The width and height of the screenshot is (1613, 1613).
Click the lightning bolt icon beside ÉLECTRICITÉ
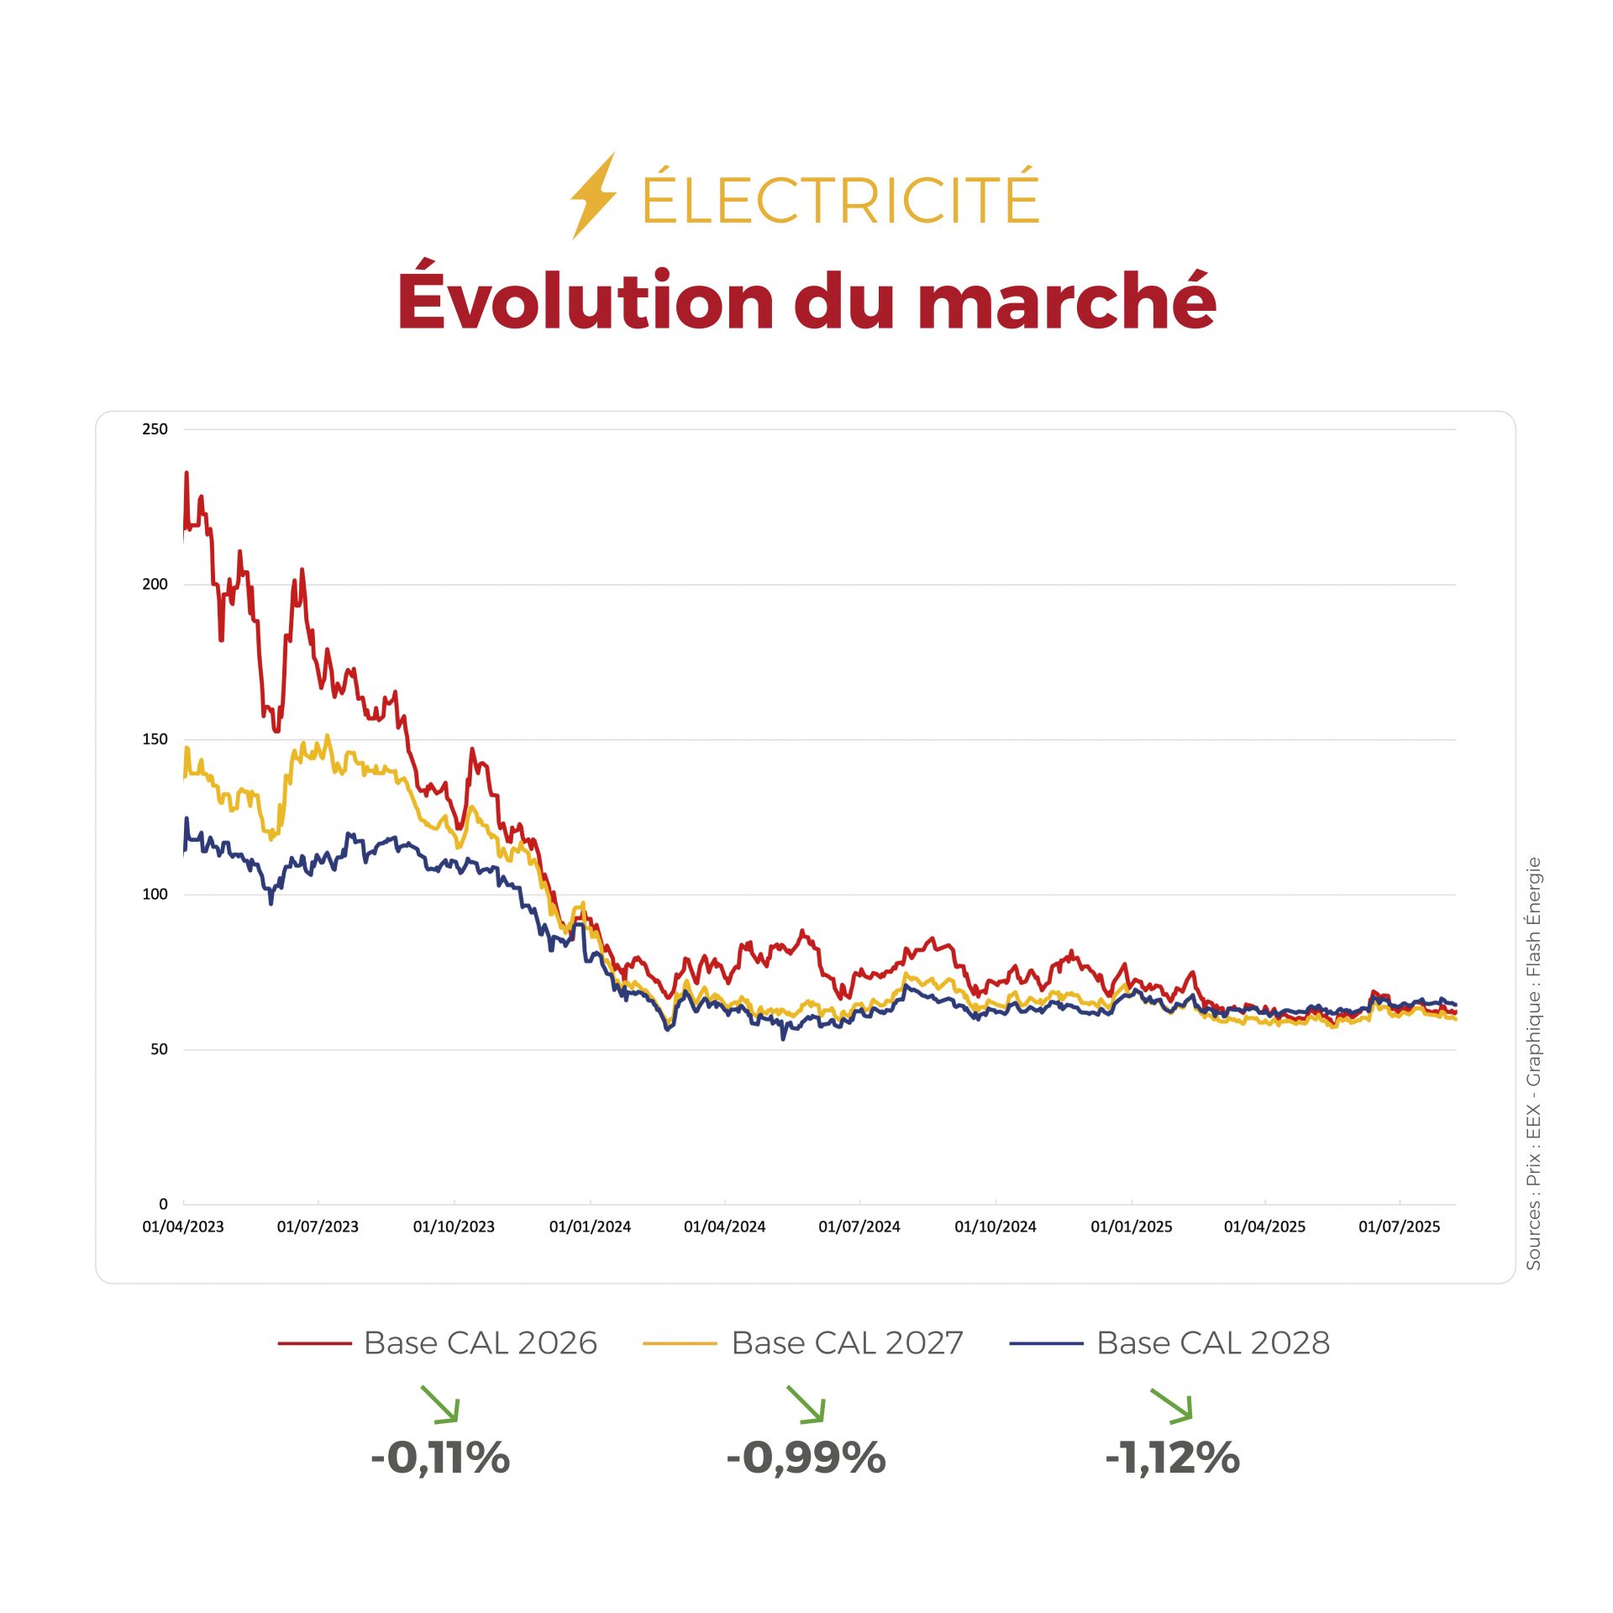pos(593,196)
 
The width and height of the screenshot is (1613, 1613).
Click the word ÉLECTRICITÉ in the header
pos(840,198)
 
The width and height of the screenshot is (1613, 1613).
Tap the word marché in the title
pos(1067,300)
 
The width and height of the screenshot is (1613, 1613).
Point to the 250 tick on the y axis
pos(155,429)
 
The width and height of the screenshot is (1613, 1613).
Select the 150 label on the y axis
pos(155,739)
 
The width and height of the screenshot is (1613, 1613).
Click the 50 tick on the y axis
pos(159,1049)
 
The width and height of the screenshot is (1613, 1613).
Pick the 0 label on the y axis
pos(163,1204)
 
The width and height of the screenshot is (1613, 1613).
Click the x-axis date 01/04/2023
pos(183,1227)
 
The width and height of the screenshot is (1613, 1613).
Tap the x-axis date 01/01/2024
pos(590,1227)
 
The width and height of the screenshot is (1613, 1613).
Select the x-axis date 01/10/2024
pos(996,1227)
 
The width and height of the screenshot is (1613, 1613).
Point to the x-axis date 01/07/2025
pos(1400,1227)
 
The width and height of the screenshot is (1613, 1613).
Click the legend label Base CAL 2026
pos(480,1343)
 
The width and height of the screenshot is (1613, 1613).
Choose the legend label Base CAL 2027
pos(847,1343)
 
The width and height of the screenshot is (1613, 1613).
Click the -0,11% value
pos(440,1458)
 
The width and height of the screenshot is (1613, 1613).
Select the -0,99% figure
pos(806,1458)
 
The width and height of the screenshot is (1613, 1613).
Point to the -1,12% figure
pos(1172,1458)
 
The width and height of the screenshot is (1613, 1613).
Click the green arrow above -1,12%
pos(1171,1405)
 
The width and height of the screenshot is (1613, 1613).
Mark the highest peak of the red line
pos(187,473)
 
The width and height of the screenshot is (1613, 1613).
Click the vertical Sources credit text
pos(1533,1063)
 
